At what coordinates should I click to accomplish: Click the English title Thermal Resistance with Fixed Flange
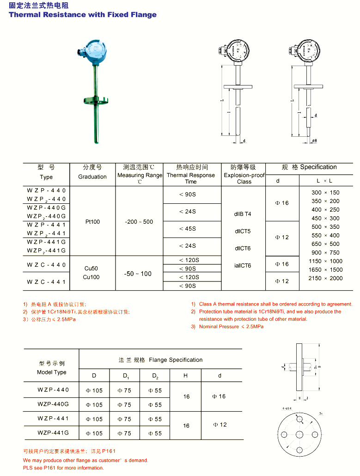point(83,15)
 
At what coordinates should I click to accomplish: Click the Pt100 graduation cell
point(92,222)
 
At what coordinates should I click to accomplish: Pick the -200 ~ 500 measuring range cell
point(139,222)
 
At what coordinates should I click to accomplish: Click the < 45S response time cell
point(188,229)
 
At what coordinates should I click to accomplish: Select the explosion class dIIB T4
point(243,214)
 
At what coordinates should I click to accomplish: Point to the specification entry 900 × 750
point(325,253)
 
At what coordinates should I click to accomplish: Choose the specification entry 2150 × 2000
point(325,278)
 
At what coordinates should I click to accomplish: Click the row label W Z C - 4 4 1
point(46,282)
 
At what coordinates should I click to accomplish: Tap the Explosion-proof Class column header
point(244,178)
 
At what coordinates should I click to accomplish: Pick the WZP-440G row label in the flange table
point(53,404)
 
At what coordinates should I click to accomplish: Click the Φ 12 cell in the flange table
point(220,425)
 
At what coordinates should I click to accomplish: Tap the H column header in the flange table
point(185,376)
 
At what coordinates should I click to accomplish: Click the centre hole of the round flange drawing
point(299,434)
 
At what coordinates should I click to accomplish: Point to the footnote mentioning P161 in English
point(63,468)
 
